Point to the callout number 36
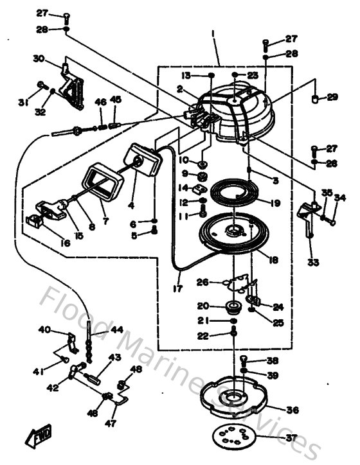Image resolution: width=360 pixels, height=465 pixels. point(291,409)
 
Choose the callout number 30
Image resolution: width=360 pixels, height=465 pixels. point(38,58)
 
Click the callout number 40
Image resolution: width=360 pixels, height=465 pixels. point(44,330)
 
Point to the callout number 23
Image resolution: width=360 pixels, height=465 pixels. point(251,75)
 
